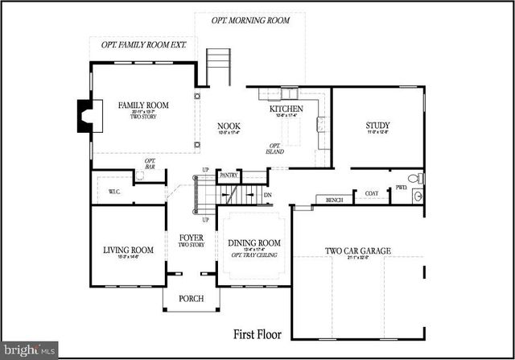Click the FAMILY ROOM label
[x=142, y=106]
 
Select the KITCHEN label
[x=285, y=107]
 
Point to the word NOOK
[x=229, y=126]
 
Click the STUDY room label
[x=377, y=126]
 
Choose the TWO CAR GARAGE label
[x=357, y=251]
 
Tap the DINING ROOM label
[x=253, y=243]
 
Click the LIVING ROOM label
[x=128, y=250]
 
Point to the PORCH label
[x=191, y=299]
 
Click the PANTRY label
[x=229, y=175]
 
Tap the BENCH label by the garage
[x=332, y=199]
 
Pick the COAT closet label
[x=371, y=193]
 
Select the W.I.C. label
[x=113, y=192]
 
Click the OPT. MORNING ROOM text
[x=250, y=19]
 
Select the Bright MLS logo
[x=29, y=350]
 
